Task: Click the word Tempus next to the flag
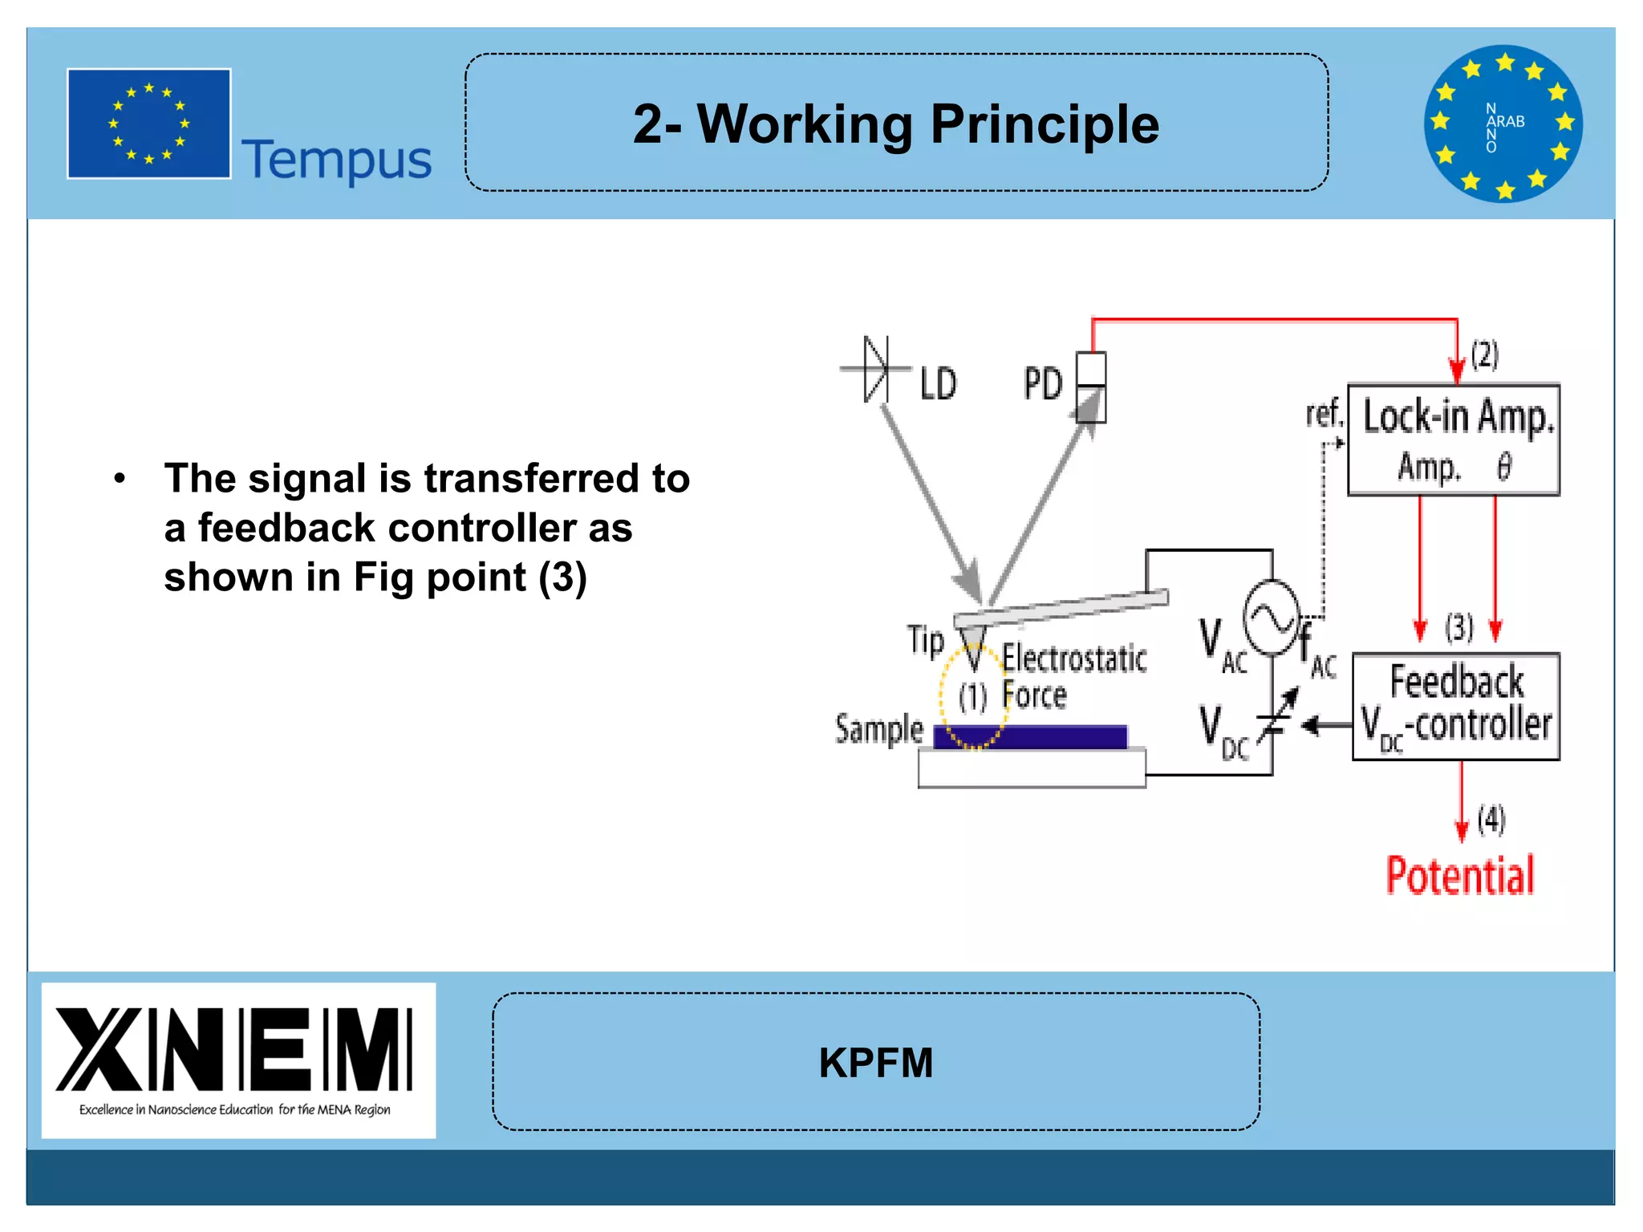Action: tap(336, 160)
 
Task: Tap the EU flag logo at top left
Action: tap(149, 124)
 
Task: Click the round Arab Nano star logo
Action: tap(1503, 124)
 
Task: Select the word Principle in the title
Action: tap(1045, 125)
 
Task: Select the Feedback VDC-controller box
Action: tap(1455, 707)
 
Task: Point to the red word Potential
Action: tap(1459, 875)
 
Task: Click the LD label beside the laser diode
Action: tap(937, 384)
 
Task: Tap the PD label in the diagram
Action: tap(1042, 384)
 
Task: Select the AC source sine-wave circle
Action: tap(1271, 618)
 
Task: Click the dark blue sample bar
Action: tap(1031, 736)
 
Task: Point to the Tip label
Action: tap(925, 641)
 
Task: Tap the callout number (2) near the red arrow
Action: tap(1484, 354)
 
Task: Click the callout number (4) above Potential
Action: tap(1491, 820)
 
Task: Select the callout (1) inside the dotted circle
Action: tap(972, 697)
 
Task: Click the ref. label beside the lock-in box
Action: tap(1323, 415)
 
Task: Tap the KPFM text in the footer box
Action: tap(875, 1063)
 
